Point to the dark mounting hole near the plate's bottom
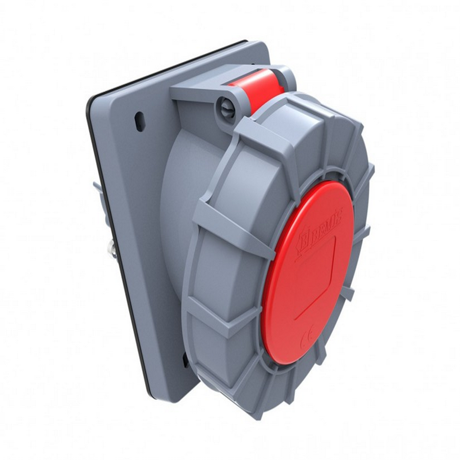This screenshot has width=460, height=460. click(x=185, y=360)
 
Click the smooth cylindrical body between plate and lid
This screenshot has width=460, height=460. click(x=176, y=215)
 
